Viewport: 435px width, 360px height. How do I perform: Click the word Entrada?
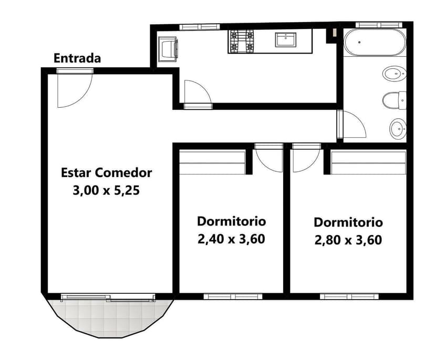click(x=77, y=58)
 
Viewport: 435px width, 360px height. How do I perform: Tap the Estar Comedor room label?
click(x=107, y=172)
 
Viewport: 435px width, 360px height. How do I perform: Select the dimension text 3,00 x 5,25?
click(x=106, y=190)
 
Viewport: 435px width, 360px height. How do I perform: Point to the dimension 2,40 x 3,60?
click(x=231, y=239)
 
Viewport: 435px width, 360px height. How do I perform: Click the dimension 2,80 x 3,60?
click(x=348, y=240)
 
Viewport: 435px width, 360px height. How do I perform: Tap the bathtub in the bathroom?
click(x=374, y=42)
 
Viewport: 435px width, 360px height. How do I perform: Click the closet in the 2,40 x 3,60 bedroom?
click(x=213, y=162)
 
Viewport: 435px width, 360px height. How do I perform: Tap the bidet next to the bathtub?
click(x=393, y=74)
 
